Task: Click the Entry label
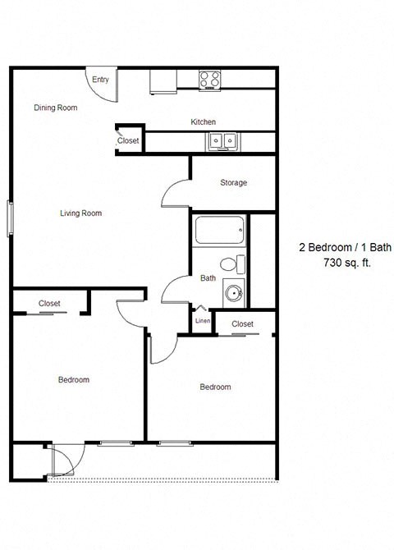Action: [x=100, y=80]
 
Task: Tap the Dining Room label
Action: [x=56, y=108]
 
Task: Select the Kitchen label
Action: [x=204, y=122]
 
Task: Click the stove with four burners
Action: [x=210, y=80]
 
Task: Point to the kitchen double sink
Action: [x=222, y=141]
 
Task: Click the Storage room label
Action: [x=233, y=182]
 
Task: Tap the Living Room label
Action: [x=80, y=213]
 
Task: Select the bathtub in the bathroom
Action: [x=219, y=231]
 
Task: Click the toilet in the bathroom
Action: [x=237, y=264]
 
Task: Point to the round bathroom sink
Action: [x=234, y=292]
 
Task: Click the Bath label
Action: [x=208, y=278]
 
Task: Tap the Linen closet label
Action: [x=202, y=322]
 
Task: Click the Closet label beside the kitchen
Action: [x=128, y=141]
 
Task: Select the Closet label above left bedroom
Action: [x=49, y=304]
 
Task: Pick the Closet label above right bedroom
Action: [x=242, y=324]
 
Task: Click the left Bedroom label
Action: [x=74, y=380]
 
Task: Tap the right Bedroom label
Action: [x=215, y=387]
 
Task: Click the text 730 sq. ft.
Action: [x=338, y=263]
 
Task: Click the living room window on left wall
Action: [x=11, y=218]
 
